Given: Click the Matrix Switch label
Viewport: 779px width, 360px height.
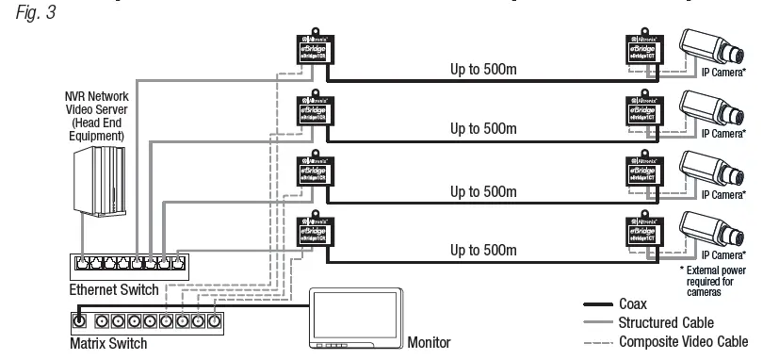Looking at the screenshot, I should tap(108, 344).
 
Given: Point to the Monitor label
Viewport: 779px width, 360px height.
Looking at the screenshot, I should tap(430, 344).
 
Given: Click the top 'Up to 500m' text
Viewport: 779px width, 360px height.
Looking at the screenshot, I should tap(484, 69).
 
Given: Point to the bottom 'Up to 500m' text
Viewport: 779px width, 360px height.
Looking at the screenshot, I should tap(484, 252).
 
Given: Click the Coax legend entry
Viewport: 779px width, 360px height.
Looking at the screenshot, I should tap(633, 304).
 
